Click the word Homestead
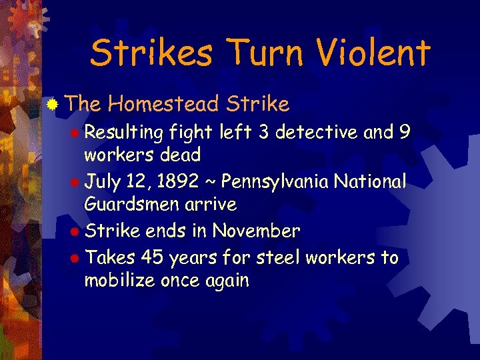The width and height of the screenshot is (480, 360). coord(163,104)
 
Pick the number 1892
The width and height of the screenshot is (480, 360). coord(190,181)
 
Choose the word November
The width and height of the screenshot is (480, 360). coord(256,231)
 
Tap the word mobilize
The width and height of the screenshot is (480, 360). coord(120,281)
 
